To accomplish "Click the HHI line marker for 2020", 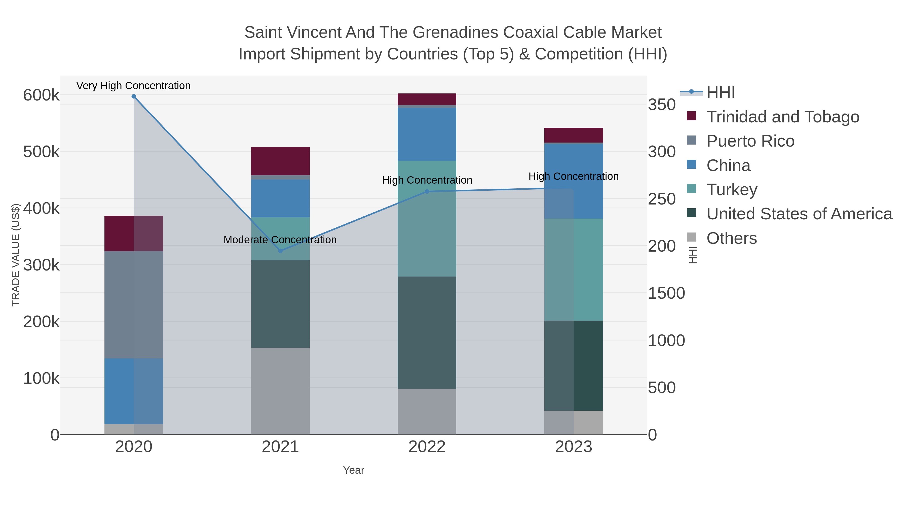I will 134,96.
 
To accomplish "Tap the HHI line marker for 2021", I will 280,251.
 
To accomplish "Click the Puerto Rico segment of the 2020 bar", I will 134,304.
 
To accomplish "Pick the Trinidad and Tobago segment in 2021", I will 280,161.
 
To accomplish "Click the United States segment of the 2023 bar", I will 574,365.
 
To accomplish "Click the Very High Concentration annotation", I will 134,86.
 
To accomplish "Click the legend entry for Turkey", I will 732,190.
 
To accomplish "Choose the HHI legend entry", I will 720,93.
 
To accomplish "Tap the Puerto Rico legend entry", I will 750,141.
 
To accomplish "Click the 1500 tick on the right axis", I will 666,293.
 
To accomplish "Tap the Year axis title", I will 354,470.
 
